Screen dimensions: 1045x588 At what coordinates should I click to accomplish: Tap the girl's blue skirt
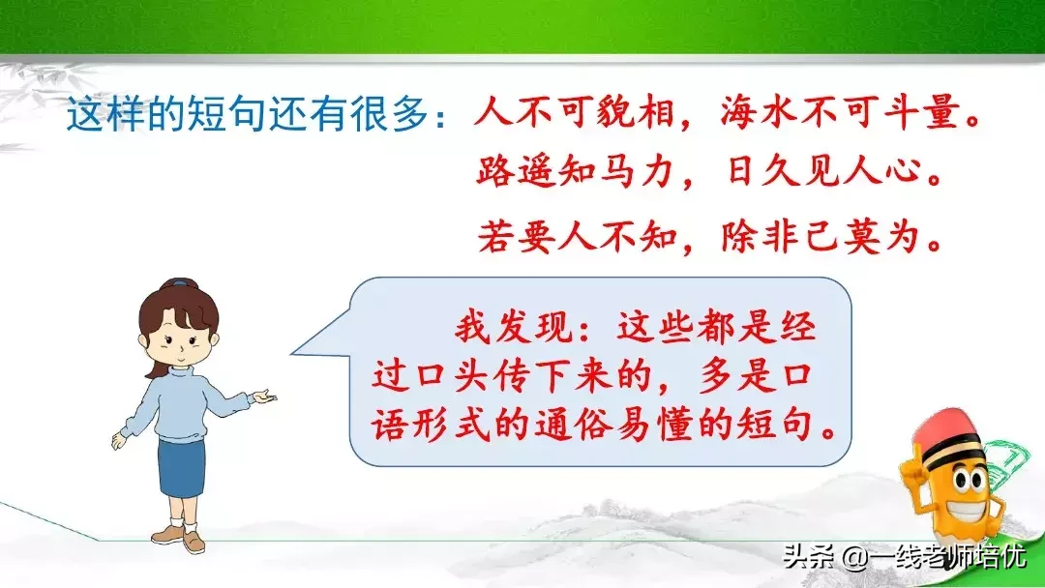(x=181, y=468)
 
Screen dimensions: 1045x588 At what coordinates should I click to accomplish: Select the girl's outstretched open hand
(x=264, y=398)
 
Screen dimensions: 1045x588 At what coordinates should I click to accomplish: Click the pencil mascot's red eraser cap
(x=947, y=428)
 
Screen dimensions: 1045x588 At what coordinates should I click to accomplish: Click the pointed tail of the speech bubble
(x=293, y=353)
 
